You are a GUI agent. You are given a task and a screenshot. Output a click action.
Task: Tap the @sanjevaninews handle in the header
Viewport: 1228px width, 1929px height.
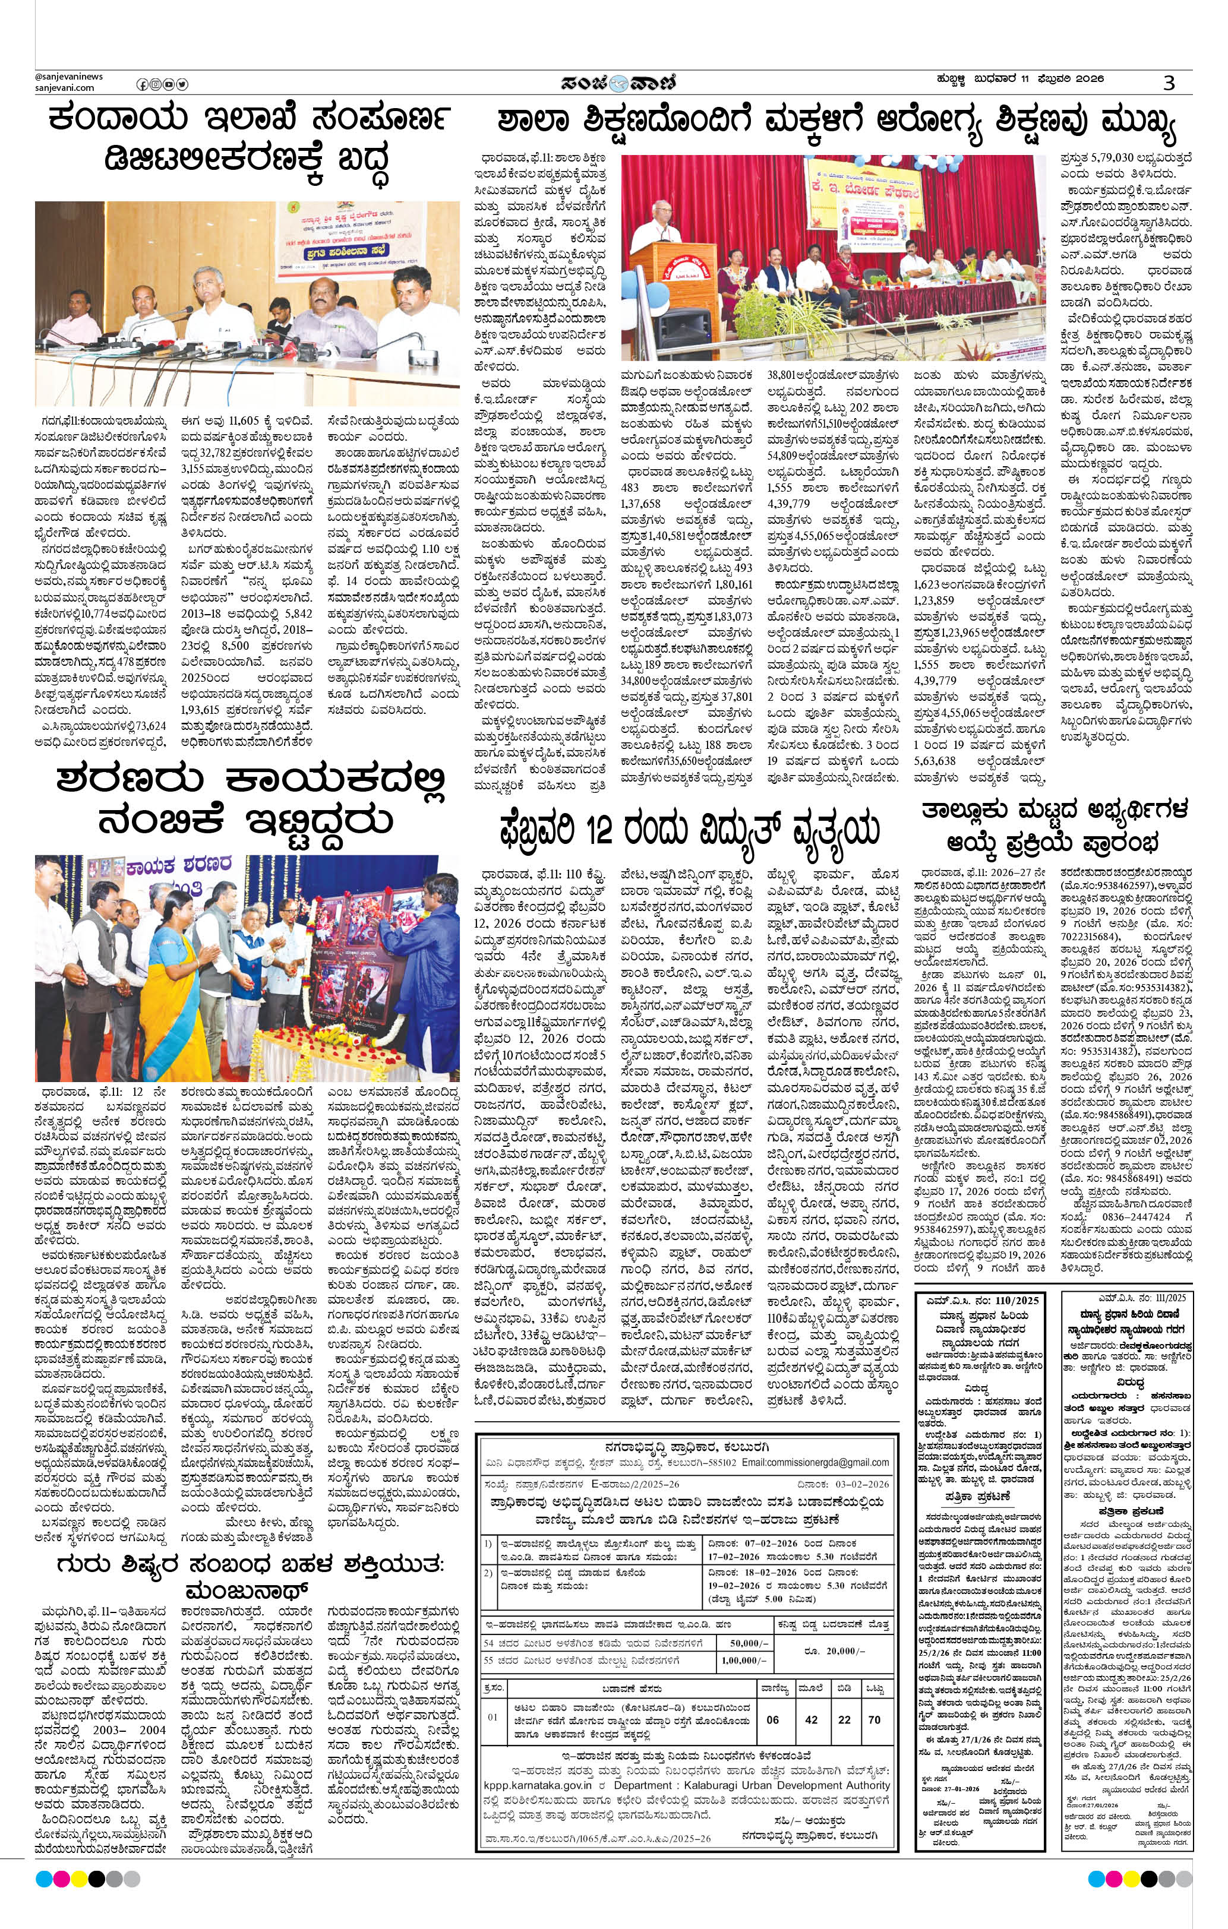click(69, 76)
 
